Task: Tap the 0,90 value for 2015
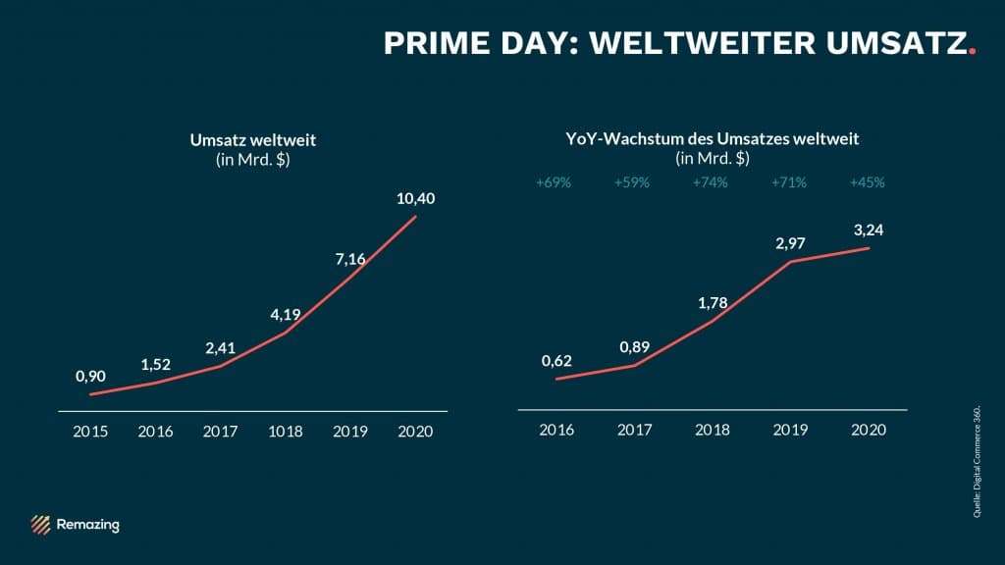pyautogui.click(x=90, y=376)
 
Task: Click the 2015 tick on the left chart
pyautogui.click(x=90, y=431)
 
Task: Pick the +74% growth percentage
pyautogui.click(x=710, y=182)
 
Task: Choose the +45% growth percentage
pyautogui.click(x=869, y=182)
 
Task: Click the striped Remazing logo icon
pyautogui.click(x=40, y=525)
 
